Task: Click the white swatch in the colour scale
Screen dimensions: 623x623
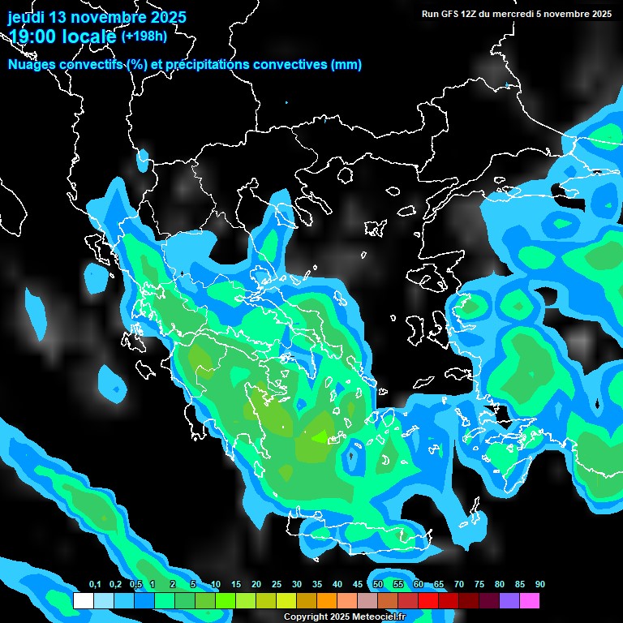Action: coord(83,601)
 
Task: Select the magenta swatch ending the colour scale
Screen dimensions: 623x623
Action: coord(529,601)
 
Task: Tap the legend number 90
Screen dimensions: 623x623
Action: coord(540,585)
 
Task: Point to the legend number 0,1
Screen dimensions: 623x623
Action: coord(95,585)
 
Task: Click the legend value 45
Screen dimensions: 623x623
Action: coord(358,585)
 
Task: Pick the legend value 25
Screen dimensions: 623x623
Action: coord(277,585)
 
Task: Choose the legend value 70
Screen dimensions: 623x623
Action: coord(459,585)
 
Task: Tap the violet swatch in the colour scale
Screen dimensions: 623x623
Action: coord(509,601)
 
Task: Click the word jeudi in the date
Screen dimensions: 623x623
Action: coord(27,17)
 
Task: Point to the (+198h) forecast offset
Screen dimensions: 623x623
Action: coord(144,36)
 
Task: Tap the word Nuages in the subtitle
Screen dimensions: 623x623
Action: coord(33,65)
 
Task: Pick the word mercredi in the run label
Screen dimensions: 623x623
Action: coord(522,13)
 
